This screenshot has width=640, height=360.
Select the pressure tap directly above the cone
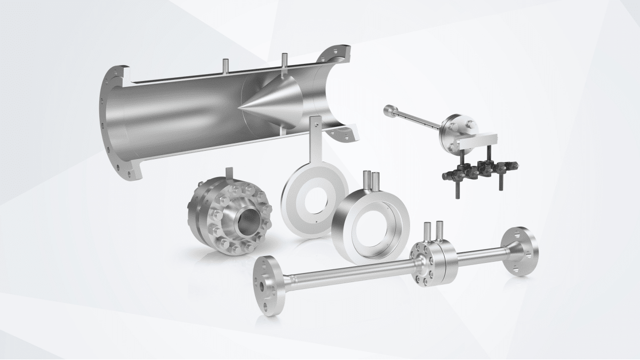coord(284,60)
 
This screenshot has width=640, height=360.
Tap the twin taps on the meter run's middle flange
coord(433,231)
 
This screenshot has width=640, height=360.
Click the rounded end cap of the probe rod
coord(388,110)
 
